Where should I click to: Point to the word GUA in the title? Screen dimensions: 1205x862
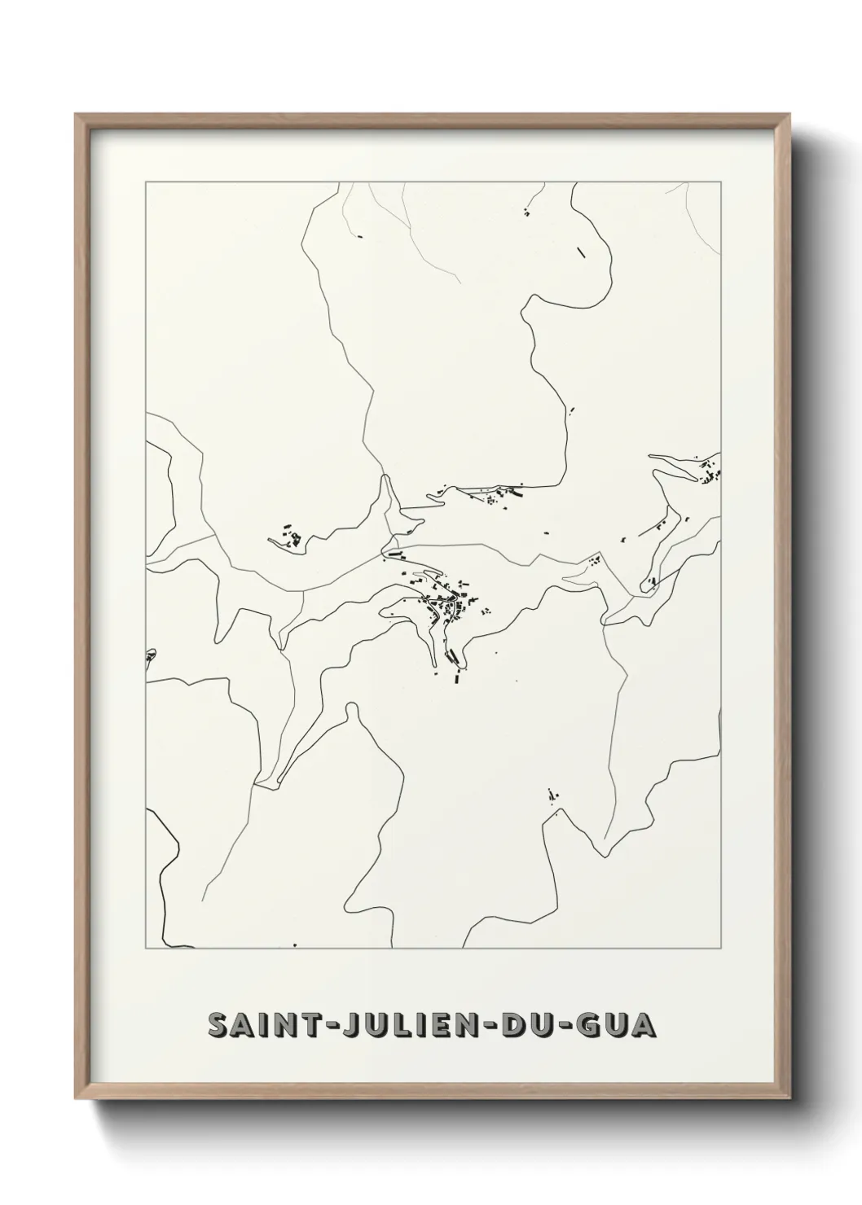click(x=621, y=1024)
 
